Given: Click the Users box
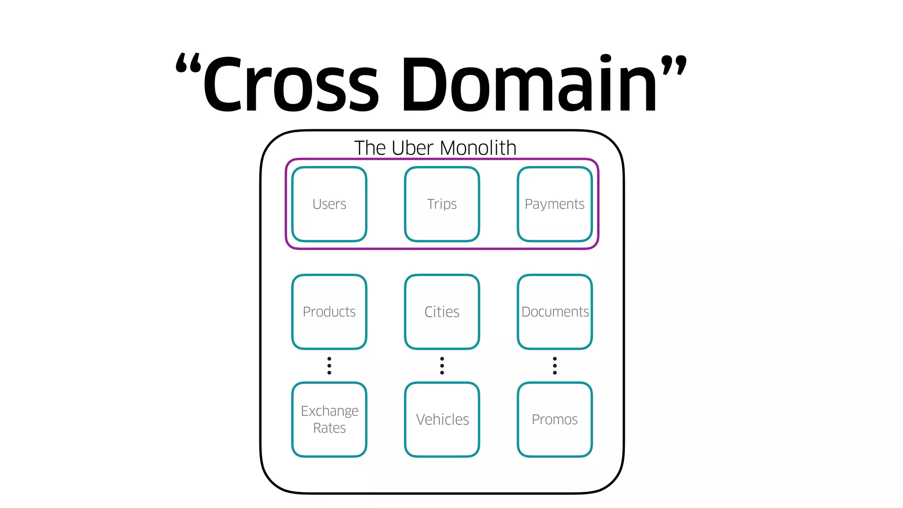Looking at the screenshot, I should [x=329, y=204].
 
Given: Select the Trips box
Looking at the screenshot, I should [x=442, y=204].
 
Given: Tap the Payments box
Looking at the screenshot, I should [x=555, y=204].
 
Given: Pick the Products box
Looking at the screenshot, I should [x=329, y=312].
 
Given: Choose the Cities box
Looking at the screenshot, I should [x=442, y=312].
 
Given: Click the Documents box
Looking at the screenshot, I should [x=555, y=312].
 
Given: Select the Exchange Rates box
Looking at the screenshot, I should [x=329, y=419].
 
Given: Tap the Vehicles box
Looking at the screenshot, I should [x=442, y=419].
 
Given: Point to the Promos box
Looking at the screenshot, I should [x=555, y=419].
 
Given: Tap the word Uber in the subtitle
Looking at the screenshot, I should [x=412, y=148].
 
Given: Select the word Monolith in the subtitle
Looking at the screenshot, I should [x=478, y=148].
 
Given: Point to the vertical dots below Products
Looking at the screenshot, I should [x=329, y=366].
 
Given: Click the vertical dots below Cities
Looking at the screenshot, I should [x=442, y=366].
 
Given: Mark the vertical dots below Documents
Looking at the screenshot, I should [x=555, y=366].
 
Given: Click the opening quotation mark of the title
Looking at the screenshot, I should [x=188, y=63].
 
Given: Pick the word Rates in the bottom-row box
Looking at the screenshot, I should [x=329, y=428].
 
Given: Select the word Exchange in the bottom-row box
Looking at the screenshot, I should [x=329, y=411].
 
